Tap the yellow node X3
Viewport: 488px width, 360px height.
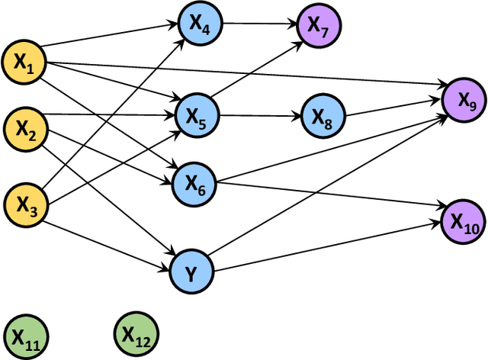click(x=25, y=202)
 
